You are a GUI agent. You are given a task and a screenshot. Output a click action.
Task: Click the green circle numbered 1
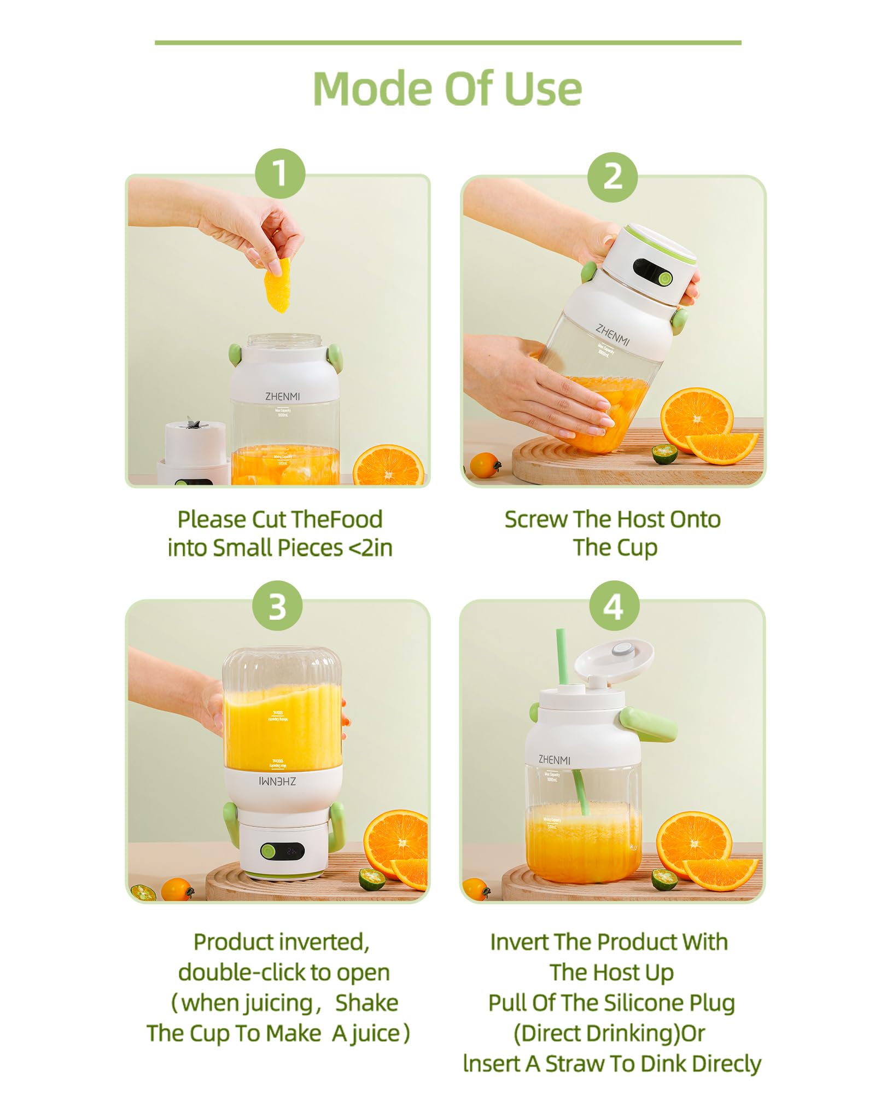(x=279, y=173)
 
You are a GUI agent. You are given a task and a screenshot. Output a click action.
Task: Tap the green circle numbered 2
(x=612, y=177)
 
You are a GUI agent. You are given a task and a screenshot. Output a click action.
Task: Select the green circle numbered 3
(x=277, y=606)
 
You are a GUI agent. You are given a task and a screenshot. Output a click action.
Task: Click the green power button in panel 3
(x=268, y=851)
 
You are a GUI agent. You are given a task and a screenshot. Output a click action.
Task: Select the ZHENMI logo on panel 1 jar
(x=282, y=396)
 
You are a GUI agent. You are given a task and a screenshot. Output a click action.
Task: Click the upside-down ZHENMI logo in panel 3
(x=277, y=782)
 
